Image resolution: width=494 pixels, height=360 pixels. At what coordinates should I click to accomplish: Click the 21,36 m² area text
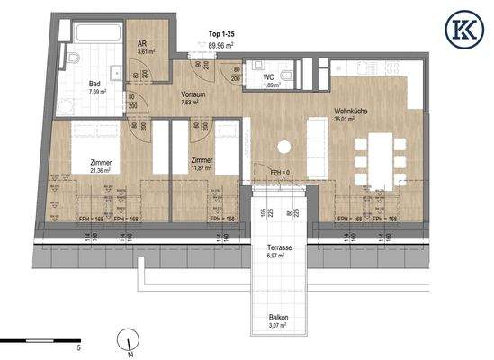click(100, 168)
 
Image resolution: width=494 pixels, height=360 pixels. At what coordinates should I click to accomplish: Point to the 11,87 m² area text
click(202, 168)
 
